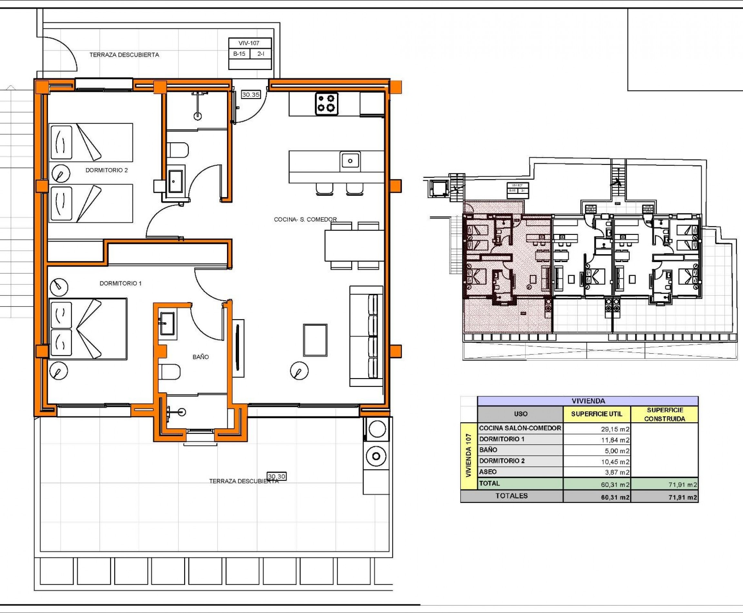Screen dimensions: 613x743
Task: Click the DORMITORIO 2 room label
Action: tap(107, 170)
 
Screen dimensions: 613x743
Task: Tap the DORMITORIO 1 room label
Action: tap(120, 283)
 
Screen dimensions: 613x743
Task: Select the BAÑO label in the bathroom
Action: tap(201, 357)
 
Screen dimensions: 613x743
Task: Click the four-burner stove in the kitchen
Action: tap(326, 104)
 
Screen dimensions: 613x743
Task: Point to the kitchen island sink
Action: tap(350, 161)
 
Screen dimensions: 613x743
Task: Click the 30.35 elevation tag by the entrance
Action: tap(251, 95)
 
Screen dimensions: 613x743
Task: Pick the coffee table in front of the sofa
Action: tap(315, 340)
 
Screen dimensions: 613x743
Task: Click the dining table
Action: tap(354, 245)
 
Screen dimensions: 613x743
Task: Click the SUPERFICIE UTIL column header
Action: tap(596, 414)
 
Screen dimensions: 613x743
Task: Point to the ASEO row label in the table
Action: tap(488, 472)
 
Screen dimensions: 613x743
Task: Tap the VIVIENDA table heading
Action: tap(588, 401)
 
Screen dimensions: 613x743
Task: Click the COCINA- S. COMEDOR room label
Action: tap(305, 219)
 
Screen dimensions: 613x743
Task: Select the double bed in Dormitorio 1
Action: tap(88, 329)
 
